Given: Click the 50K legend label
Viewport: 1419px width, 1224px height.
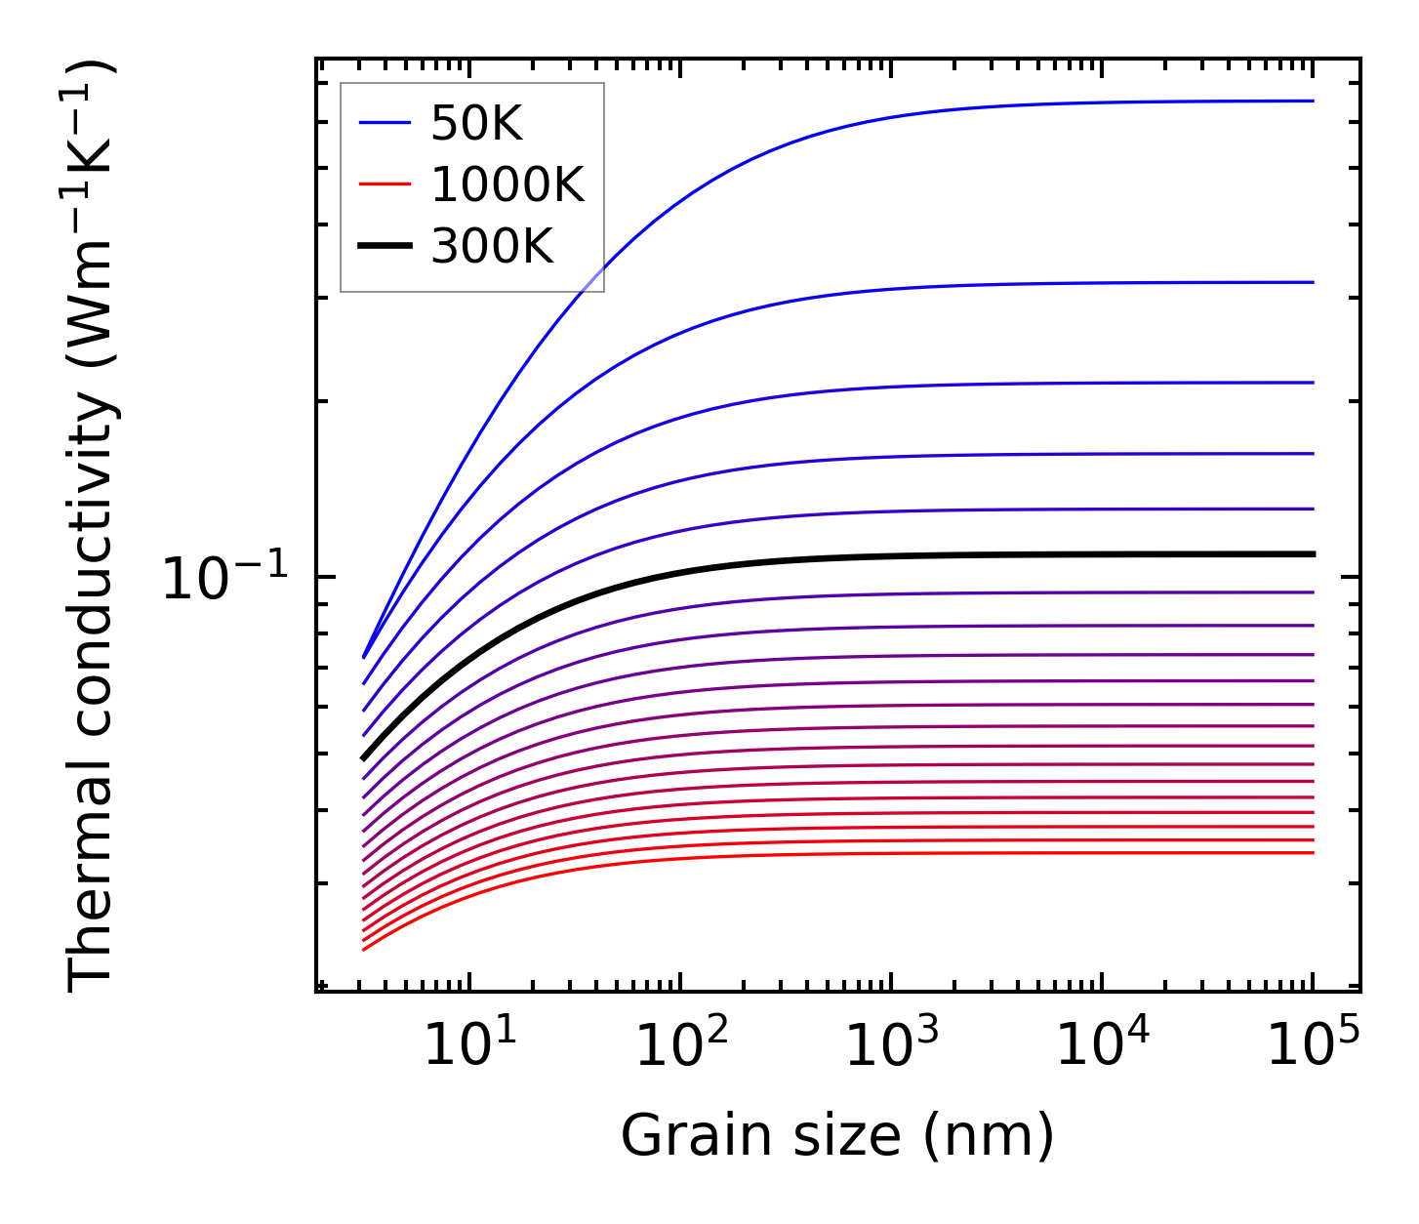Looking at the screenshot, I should click(x=477, y=124).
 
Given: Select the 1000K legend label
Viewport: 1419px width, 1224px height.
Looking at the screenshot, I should click(x=507, y=185).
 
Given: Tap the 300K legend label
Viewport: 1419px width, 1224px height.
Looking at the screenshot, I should click(x=493, y=247).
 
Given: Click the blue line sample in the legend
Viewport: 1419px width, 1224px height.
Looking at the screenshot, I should click(x=385, y=123).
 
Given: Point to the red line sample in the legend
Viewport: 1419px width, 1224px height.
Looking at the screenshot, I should click(x=385, y=184).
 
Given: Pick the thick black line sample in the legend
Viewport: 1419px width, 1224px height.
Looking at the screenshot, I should click(x=385, y=246).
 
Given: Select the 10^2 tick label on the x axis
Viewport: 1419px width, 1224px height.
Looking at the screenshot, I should click(x=680, y=1047).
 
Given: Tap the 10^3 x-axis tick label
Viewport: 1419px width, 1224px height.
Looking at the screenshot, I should click(x=891, y=1047).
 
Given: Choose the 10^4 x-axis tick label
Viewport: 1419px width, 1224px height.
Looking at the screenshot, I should click(x=1102, y=1047).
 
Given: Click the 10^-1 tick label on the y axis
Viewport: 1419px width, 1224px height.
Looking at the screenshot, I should click(x=225, y=579).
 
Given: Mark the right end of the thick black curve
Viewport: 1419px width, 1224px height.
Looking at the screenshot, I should click(x=1314, y=554).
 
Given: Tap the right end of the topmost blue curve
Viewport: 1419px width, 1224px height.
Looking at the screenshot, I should click(x=1314, y=101).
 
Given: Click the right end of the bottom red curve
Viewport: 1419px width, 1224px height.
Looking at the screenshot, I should click(x=1314, y=853).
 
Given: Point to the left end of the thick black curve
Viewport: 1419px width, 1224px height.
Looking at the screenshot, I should click(x=363, y=757).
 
